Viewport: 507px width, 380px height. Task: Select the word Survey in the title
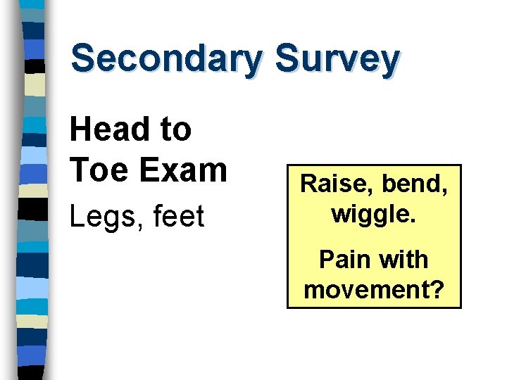click(337, 59)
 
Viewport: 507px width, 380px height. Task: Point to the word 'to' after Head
click(177, 129)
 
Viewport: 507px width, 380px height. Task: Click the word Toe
click(97, 170)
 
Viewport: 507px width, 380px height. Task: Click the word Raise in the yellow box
click(335, 184)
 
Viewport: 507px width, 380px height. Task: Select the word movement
click(366, 289)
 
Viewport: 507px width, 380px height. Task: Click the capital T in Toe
click(79, 170)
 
